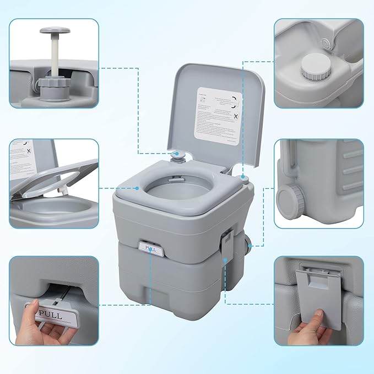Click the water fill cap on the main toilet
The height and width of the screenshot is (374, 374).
coord(242,177)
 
